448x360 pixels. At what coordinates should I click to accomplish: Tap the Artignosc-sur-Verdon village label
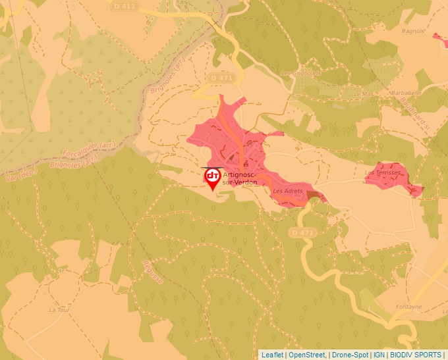pyautogui.click(x=240, y=178)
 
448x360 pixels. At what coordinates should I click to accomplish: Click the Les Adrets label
pyautogui.click(x=287, y=191)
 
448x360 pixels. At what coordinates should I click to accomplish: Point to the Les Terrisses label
pyautogui.click(x=383, y=173)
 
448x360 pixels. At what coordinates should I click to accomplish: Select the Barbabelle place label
pyautogui.click(x=405, y=93)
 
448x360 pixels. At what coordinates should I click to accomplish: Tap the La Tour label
pyautogui.click(x=59, y=309)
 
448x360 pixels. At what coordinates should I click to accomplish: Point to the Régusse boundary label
pyautogui.click(x=152, y=270)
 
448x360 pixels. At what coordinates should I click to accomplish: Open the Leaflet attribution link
pyautogui.click(x=273, y=355)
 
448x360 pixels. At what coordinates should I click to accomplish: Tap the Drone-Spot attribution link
pyautogui.click(x=350, y=355)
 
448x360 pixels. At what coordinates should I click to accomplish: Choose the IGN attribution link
pyautogui.click(x=379, y=355)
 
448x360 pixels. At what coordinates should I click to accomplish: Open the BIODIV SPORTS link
pyautogui.click(x=416, y=355)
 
